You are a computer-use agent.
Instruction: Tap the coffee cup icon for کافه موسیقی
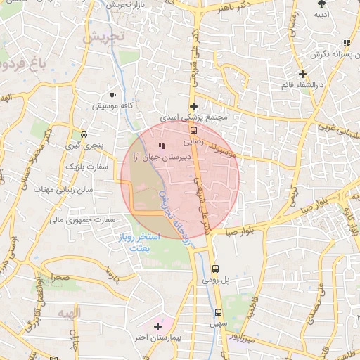(113, 94)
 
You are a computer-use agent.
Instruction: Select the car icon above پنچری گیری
(84, 134)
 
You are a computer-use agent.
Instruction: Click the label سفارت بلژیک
(84, 166)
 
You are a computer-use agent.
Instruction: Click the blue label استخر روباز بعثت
(141, 243)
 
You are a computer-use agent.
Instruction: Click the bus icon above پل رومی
(216, 268)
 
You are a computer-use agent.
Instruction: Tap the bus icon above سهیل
(218, 312)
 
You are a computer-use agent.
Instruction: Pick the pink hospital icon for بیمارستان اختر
(157, 326)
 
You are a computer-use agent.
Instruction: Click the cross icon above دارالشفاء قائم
(302, 74)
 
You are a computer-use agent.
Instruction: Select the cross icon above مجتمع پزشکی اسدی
(193, 106)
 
